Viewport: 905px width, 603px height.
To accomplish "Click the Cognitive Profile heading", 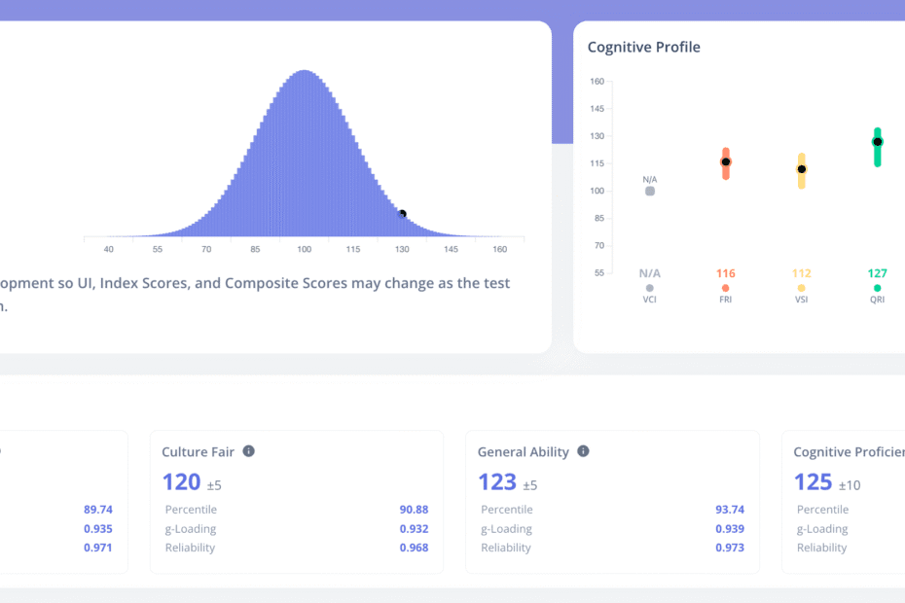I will coord(643,47).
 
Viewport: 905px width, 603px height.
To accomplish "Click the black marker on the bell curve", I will coord(402,214).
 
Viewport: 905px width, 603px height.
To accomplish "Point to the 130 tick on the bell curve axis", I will coord(402,250).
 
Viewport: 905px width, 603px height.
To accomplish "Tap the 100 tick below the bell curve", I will coord(304,250).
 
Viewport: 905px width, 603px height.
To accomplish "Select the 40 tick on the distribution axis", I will coord(109,250).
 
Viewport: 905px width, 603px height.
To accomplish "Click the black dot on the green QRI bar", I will coord(877,142).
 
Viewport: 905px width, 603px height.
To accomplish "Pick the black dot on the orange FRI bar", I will coord(725,161).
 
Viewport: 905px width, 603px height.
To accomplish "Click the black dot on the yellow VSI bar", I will coord(801,169).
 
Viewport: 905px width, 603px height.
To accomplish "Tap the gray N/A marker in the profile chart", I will coord(649,191).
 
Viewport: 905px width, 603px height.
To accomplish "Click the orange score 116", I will coord(725,273).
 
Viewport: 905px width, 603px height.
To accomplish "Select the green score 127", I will coord(877,273).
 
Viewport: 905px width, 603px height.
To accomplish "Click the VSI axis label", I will coord(801,300).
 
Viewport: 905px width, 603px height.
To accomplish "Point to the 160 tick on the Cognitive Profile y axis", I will coord(597,82).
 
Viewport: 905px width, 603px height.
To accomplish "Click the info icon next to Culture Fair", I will coord(249,451).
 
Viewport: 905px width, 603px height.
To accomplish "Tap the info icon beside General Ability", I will coord(583,451).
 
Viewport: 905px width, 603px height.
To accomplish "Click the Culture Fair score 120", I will coord(182,481).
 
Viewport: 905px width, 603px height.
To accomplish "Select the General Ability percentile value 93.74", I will coord(729,510).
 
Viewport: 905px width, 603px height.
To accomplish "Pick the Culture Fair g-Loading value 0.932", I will coord(414,529).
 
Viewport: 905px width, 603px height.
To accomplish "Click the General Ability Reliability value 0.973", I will coord(729,548).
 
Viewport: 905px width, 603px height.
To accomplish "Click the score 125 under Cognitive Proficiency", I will coord(813,481).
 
